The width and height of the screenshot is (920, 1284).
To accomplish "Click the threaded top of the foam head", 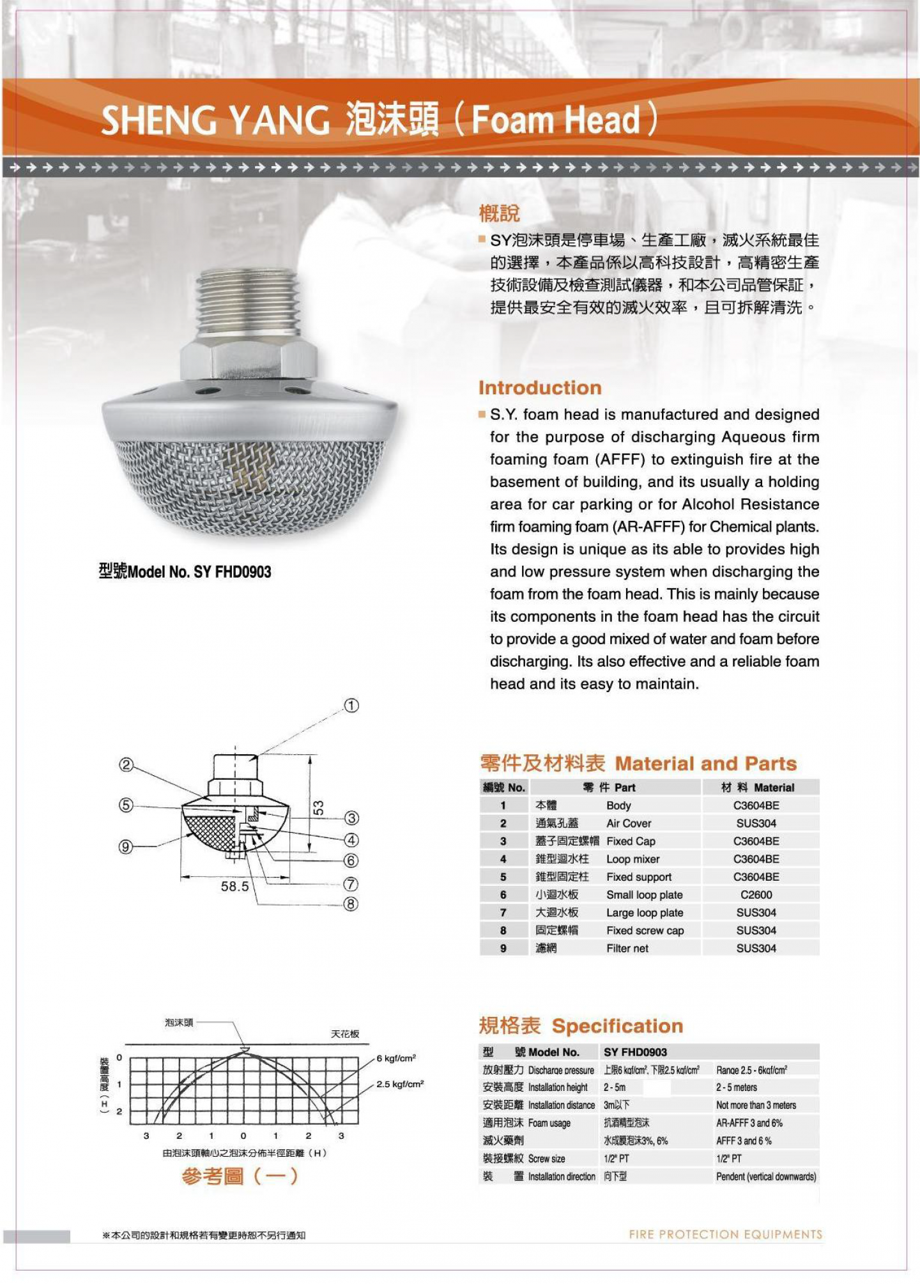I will pos(249,302).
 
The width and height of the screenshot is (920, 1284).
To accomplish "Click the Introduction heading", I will pos(540,388).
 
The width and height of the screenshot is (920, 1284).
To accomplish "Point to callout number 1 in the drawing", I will pos(351,706).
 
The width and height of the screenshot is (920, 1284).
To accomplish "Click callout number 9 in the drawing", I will pos(126,847).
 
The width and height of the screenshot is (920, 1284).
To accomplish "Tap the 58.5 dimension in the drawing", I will pos(234,886).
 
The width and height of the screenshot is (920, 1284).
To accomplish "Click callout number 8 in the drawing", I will pos(351,904).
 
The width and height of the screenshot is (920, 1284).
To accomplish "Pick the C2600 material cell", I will pos(756,895).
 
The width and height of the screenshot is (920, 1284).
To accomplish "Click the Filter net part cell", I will pos(627,948).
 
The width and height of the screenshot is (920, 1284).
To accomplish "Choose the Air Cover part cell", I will pos(629,823).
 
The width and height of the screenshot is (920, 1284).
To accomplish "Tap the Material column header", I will pos(758,787).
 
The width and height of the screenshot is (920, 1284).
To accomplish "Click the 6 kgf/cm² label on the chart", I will pos(396,1058).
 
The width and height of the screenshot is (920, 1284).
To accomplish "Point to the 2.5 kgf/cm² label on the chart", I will pos(400,1084).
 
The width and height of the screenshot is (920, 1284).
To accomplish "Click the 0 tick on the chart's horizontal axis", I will pos(243,1136).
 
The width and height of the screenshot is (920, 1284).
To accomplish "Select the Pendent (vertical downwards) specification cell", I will pos(766,1177).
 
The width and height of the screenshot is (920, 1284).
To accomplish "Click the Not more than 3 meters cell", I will pos(756,1105).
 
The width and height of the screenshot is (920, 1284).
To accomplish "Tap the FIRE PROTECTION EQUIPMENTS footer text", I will pos(725,1234).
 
